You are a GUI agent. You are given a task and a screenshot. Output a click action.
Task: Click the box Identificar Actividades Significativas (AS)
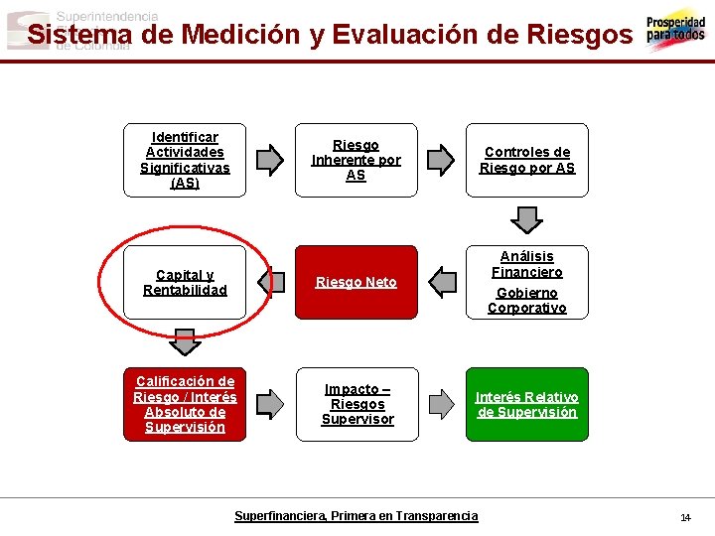[185, 160]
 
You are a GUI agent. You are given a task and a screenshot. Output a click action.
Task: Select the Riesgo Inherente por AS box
[357, 160]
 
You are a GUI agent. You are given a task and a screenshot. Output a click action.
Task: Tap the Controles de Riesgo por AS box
[527, 160]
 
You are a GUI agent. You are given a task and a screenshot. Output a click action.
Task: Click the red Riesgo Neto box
[357, 282]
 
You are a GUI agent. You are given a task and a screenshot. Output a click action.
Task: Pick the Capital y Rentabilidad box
[185, 282]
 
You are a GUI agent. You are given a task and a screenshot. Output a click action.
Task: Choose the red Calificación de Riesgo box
[185, 404]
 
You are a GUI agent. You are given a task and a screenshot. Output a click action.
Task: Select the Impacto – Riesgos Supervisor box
[357, 404]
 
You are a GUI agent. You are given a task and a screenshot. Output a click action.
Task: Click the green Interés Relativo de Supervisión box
[527, 404]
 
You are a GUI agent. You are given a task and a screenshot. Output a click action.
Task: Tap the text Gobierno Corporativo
[527, 300]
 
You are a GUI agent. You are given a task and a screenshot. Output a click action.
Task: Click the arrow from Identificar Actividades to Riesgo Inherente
[269, 160]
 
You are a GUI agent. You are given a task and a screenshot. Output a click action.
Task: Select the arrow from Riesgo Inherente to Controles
[440, 160]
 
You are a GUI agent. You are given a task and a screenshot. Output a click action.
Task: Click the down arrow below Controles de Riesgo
[527, 219]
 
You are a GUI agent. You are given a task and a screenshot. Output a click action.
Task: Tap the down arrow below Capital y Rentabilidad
[185, 341]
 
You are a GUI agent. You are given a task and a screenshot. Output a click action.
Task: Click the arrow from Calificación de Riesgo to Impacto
[269, 404]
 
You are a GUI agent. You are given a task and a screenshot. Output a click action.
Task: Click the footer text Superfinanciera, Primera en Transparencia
[356, 516]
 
